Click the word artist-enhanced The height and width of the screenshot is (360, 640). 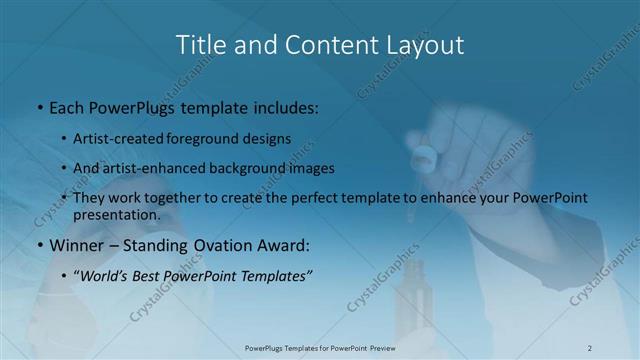tap(152, 168)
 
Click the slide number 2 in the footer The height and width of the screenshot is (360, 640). tap(590, 348)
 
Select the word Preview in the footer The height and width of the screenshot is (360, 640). tap(380, 348)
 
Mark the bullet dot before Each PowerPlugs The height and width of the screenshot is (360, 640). tap(39, 106)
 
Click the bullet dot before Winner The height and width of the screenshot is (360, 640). tap(39, 245)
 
